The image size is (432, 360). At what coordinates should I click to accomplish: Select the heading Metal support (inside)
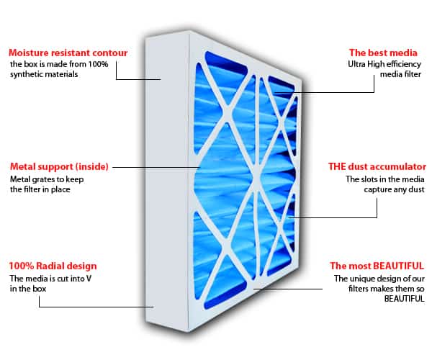coord(59,166)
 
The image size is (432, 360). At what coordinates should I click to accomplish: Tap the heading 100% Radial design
coord(53,266)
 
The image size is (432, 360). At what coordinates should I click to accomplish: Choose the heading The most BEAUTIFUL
coord(377,266)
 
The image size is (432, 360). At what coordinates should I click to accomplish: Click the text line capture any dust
coord(394,190)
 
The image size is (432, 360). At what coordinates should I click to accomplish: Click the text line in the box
coord(27,289)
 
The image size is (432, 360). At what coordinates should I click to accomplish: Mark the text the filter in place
coord(44,190)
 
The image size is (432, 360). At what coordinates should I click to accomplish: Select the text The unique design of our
coord(379,278)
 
